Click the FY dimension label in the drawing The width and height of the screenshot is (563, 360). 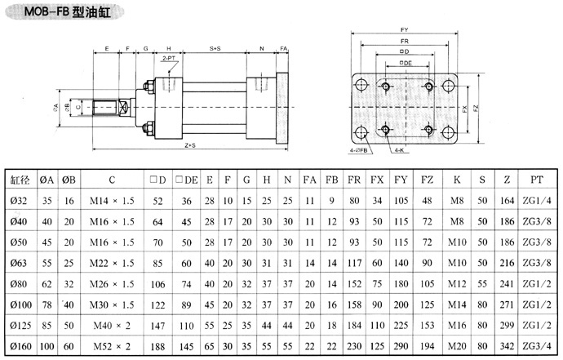[403, 29]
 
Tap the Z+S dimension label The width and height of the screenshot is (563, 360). [188, 144]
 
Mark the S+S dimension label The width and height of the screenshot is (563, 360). [215, 49]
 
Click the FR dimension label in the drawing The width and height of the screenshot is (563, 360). [403, 40]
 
